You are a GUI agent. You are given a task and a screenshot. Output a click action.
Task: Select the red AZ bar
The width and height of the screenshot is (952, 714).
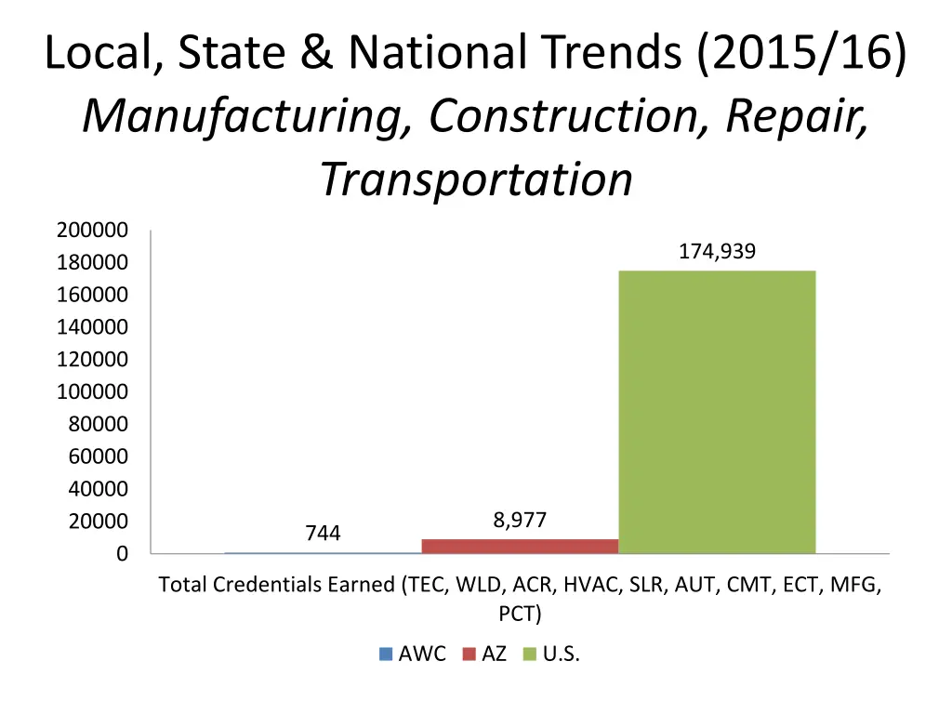pos(520,546)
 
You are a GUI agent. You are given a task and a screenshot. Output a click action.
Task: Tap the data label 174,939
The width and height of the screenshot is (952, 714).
pos(717,251)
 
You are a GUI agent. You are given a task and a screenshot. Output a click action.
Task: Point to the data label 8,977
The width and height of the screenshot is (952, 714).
pos(520,522)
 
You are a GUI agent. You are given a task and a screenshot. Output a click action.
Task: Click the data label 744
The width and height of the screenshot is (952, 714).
pos(323,534)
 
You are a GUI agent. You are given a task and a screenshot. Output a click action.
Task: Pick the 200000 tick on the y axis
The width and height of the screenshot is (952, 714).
pos(92,231)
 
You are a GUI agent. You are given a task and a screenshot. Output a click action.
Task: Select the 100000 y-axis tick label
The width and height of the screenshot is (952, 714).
pos(92,392)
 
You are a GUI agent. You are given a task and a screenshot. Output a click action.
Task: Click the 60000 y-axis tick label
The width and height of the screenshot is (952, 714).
pos(98,456)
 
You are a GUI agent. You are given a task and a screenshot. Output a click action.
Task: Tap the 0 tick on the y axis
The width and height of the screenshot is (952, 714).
pos(122,554)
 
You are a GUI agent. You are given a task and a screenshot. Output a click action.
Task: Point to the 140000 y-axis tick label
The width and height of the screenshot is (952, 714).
pos(92,327)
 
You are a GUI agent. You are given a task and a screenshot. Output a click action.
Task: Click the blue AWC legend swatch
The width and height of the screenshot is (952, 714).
pos(386,654)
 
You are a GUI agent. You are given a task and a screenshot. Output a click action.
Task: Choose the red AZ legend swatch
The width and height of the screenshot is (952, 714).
pos(469,654)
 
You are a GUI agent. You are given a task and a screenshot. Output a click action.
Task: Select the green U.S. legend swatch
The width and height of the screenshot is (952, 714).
pos(530,654)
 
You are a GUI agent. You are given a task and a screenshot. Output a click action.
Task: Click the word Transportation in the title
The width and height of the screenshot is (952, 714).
pos(476,179)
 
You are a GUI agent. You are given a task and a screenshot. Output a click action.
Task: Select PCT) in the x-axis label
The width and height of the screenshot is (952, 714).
pos(520,615)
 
